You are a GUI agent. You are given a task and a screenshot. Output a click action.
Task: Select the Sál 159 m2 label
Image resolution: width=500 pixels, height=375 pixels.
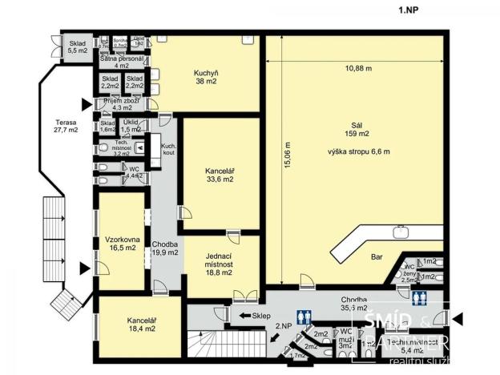(x=357, y=130)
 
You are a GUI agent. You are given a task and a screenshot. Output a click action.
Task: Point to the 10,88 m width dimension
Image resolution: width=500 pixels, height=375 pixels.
(x=357, y=68)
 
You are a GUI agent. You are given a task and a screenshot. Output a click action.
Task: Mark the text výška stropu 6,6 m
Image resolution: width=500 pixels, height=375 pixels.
(x=357, y=151)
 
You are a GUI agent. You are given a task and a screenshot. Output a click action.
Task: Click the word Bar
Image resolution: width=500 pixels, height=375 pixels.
(x=376, y=258)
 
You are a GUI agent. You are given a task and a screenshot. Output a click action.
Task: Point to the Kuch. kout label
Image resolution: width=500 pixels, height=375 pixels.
(x=168, y=150)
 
